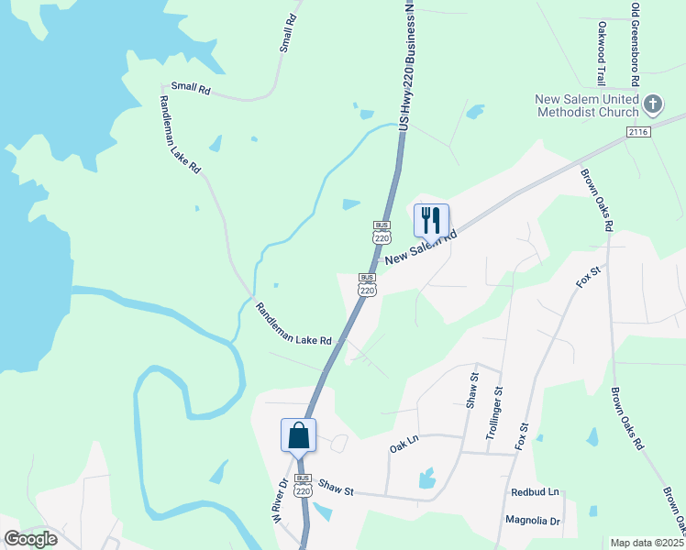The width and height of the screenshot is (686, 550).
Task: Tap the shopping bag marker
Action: tap(299, 434)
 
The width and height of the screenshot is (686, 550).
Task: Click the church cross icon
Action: tap(653, 103)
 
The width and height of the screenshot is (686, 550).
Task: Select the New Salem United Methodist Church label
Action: tap(587, 106)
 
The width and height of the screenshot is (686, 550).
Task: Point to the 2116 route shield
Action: tap(638, 133)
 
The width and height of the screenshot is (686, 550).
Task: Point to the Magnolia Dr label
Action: tap(533, 521)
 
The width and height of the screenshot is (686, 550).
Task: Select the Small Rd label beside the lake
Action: tap(191, 90)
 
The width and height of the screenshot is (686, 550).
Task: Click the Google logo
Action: tap(30, 539)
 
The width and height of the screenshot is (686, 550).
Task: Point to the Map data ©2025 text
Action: tap(646, 543)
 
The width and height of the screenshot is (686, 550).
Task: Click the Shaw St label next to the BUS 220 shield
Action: tap(337, 490)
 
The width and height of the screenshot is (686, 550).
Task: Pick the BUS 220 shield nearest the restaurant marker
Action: tap(382, 231)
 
